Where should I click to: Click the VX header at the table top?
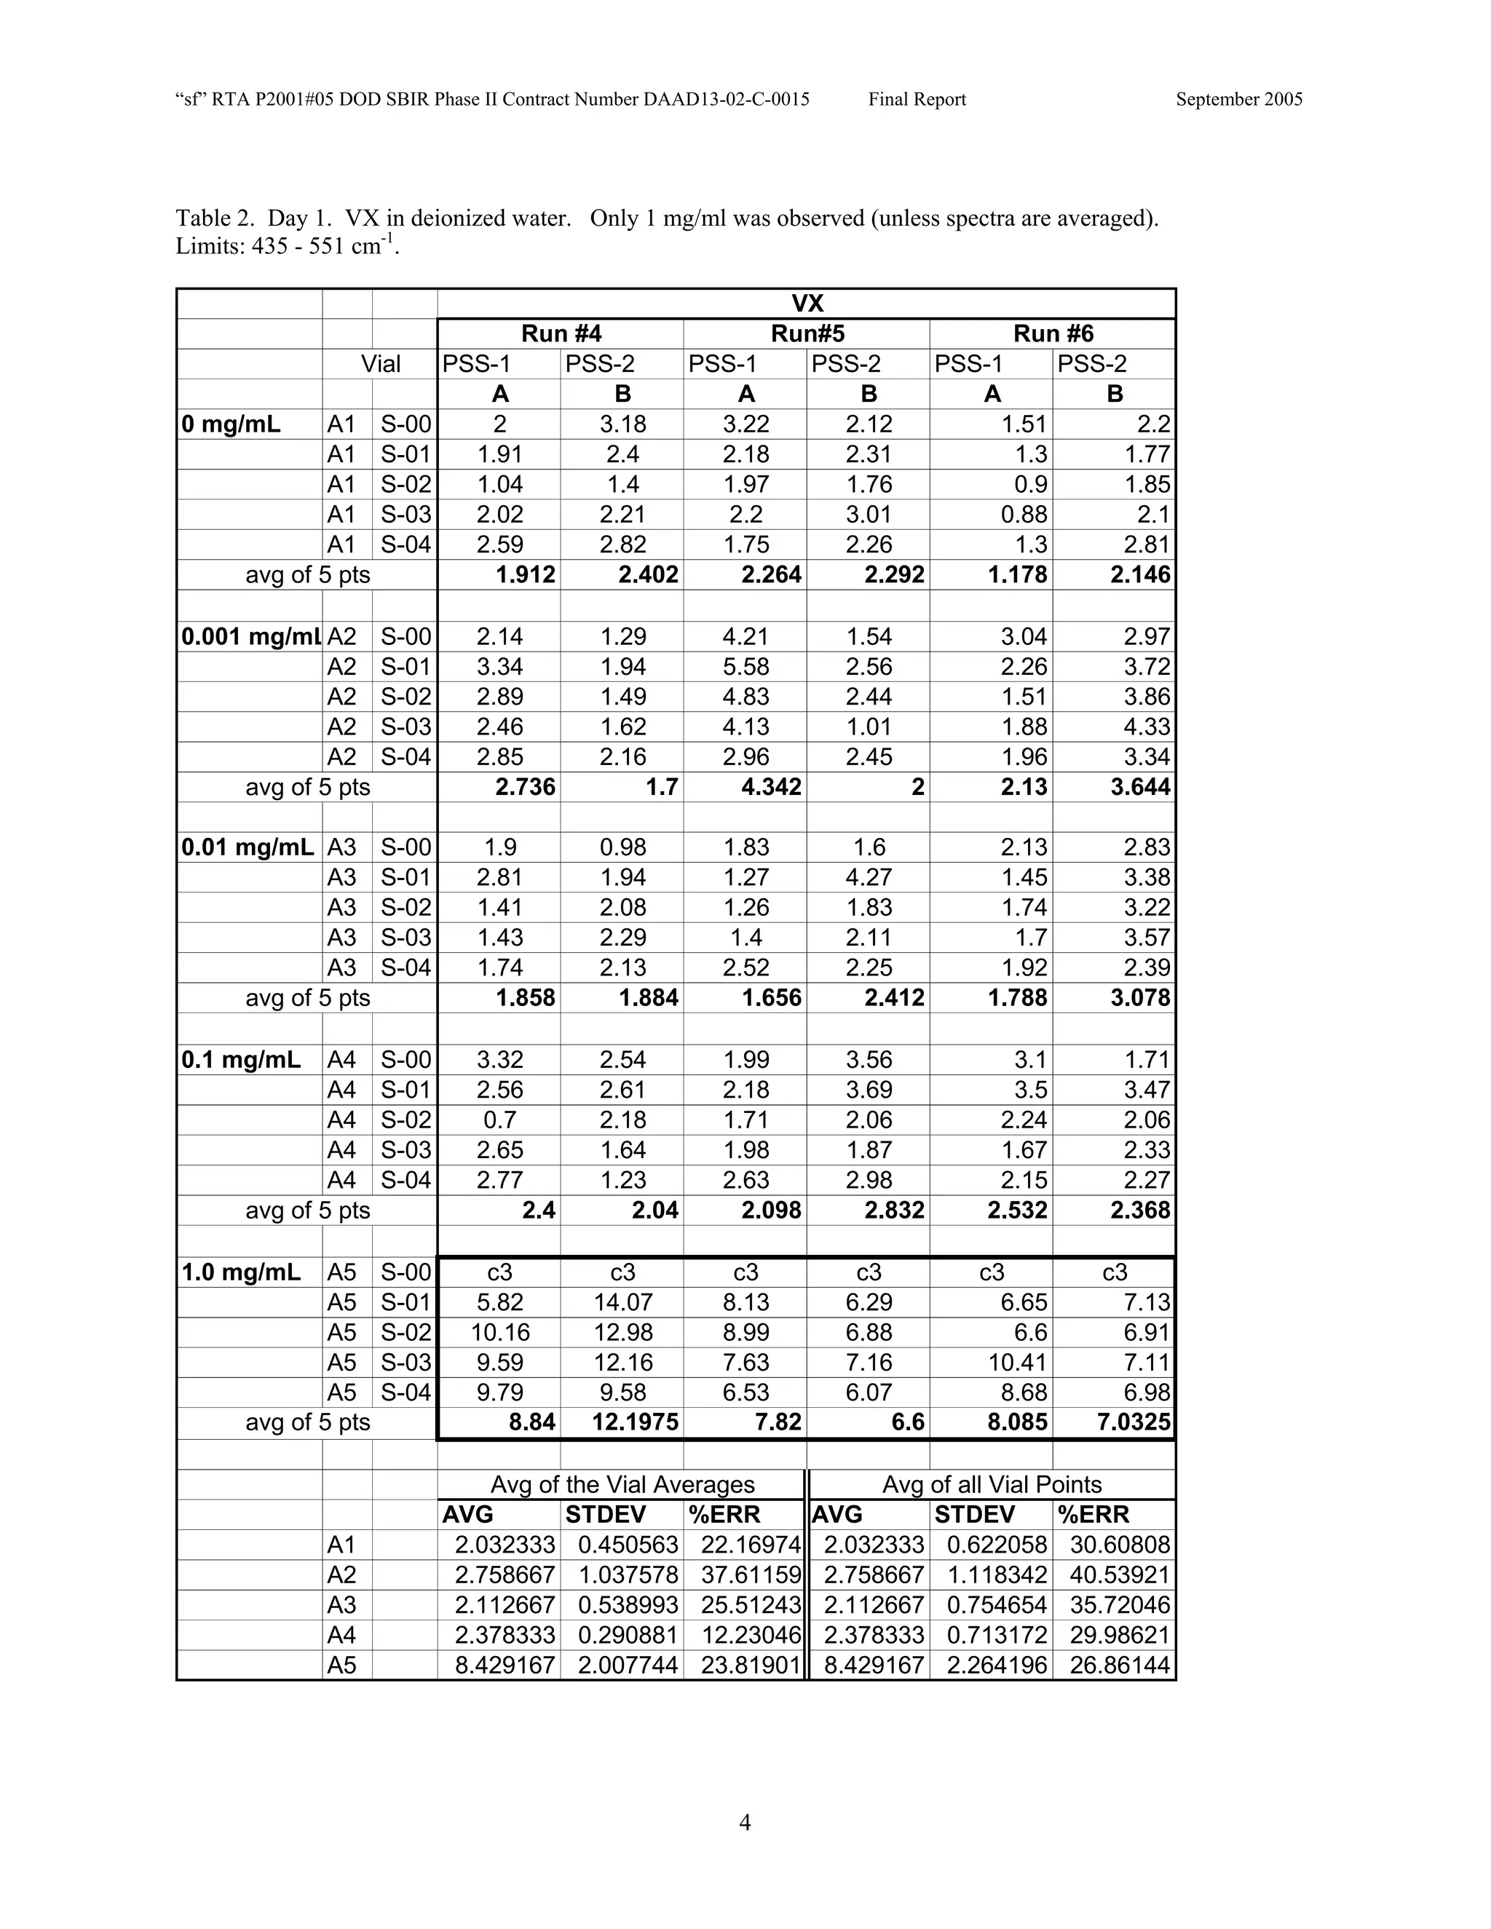pyautogui.click(x=807, y=304)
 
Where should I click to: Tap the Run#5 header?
pyautogui.click(x=807, y=334)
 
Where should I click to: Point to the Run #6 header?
pyautogui.click(x=1053, y=334)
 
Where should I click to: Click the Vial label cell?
pyautogui.click(x=381, y=364)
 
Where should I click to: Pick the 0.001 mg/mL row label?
pyautogui.click(x=250, y=637)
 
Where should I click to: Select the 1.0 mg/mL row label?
pyautogui.click(x=240, y=1272)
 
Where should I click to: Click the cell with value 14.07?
pyautogui.click(x=622, y=1303)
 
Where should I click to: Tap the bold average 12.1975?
pyautogui.click(x=635, y=1423)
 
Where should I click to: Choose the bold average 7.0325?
pyautogui.click(x=1127, y=1423)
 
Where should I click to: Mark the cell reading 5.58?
pyautogui.click(x=745, y=667)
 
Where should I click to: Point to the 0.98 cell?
pyautogui.click(x=622, y=848)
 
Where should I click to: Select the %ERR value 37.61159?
pyautogui.click(x=750, y=1576)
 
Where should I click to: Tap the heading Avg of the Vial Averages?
pyautogui.click(x=622, y=1485)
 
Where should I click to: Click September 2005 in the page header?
pyautogui.click(x=1238, y=100)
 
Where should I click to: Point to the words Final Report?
pyautogui.click(x=917, y=100)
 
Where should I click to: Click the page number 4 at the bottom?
pyautogui.click(x=745, y=1822)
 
